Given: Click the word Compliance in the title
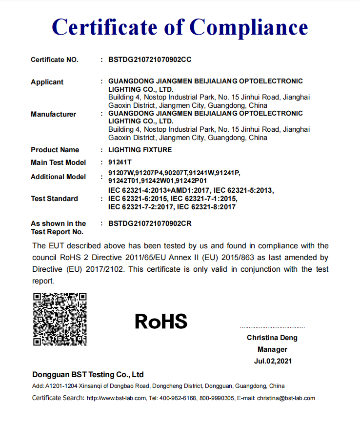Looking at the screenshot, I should [x=248, y=27].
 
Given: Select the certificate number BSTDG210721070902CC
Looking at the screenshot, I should [x=150, y=60].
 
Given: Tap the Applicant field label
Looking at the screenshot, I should [x=47, y=82].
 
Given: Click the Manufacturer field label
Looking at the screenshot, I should [x=54, y=114].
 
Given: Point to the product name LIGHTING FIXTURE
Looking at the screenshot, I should [x=140, y=150].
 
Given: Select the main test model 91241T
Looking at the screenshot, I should [x=120, y=162].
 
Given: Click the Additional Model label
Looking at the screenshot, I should [x=58, y=177].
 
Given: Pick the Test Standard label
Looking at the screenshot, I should [x=54, y=199].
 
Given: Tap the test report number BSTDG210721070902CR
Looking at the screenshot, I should [x=150, y=223].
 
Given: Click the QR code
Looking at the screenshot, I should [x=60, y=319].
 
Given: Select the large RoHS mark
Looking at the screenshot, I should [x=161, y=322].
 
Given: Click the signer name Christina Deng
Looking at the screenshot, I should [x=272, y=338].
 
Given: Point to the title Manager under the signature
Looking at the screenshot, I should [x=272, y=349].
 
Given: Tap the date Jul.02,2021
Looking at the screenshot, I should [x=273, y=362].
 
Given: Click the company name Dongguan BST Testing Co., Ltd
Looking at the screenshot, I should [x=88, y=375].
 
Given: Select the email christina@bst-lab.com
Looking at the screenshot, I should [x=286, y=398].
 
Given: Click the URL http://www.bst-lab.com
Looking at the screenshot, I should [x=117, y=398].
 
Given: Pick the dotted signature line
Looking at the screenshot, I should [x=272, y=327].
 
